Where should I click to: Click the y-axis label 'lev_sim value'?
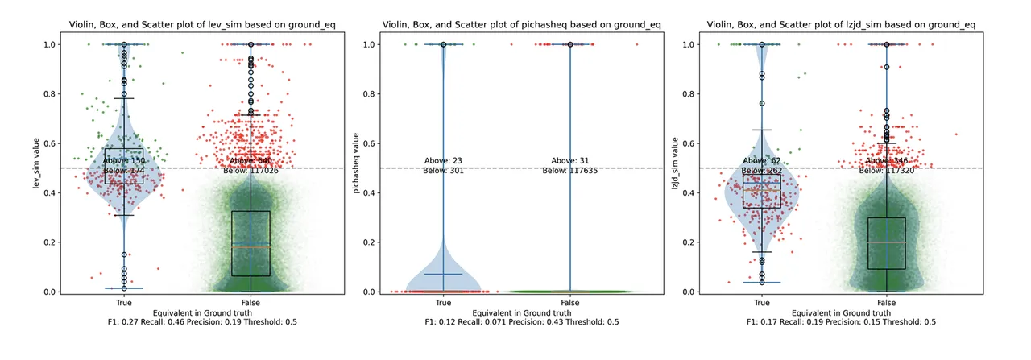(x=35, y=168)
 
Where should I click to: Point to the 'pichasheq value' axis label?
(x=354, y=168)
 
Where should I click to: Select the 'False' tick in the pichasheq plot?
(x=569, y=302)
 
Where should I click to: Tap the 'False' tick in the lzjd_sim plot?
(x=887, y=302)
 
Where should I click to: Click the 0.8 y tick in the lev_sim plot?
(x=49, y=94)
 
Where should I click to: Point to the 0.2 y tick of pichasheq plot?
(x=368, y=242)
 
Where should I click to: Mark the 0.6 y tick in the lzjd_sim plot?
(x=687, y=143)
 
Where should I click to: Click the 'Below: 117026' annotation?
(x=251, y=171)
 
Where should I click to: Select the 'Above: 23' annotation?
(x=442, y=160)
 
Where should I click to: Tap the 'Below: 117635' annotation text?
(x=569, y=171)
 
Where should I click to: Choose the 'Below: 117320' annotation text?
(x=887, y=171)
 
